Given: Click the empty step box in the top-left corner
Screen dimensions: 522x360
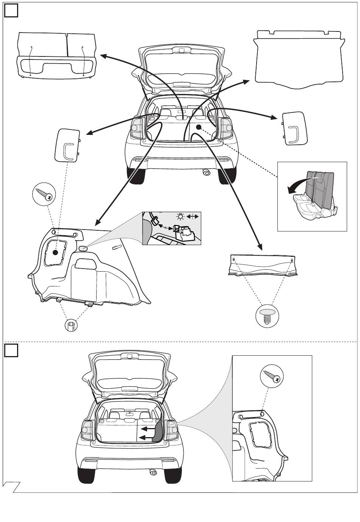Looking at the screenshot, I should pos(11,11).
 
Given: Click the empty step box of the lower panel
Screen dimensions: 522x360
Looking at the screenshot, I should pos(11,351).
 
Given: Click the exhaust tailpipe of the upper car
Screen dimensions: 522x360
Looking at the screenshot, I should pos(206,172).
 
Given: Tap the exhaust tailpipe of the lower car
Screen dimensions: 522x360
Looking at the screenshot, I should pos(153,472).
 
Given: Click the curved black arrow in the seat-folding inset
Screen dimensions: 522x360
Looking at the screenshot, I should pos(299,184).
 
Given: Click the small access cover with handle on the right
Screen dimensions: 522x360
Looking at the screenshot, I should pos(294,128).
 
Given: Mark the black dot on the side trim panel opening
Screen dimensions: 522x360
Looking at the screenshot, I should pos(55,252).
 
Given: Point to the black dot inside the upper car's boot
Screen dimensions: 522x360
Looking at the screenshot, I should pos(198,128).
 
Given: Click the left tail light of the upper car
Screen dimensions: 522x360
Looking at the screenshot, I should pos(136,127).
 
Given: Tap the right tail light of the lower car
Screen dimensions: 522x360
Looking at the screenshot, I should pos(172,430).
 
